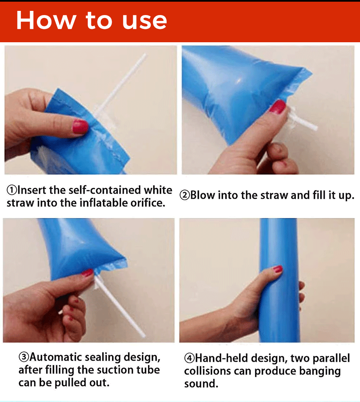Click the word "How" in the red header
point(46,20)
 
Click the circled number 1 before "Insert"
point(12,190)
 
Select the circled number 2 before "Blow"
point(185,195)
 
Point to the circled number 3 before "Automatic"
point(24,357)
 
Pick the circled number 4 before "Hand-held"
point(189,358)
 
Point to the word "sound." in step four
point(201,384)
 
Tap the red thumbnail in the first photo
point(80,126)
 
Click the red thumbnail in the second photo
point(278,106)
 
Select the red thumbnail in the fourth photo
point(278,269)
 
